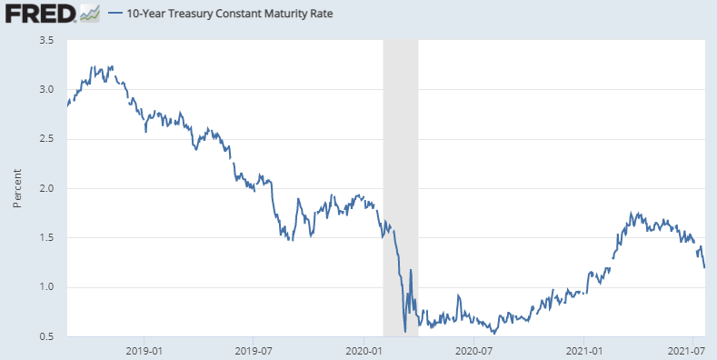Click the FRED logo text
(x=40, y=13)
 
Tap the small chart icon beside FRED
(x=90, y=14)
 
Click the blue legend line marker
(x=115, y=14)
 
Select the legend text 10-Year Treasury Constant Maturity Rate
(x=230, y=14)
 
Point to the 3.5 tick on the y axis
(x=46, y=40)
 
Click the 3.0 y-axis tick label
(x=46, y=90)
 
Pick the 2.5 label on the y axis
(x=46, y=139)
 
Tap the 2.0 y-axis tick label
(x=46, y=188)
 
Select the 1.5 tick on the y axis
(x=46, y=238)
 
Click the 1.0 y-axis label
(x=46, y=287)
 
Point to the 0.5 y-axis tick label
(x=46, y=336)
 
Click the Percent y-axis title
(x=17, y=188)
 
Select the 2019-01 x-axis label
(x=144, y=351)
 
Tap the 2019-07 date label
(x=254, y=351)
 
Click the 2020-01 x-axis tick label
(x=364, y=351)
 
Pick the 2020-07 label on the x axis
(x=474, y=351)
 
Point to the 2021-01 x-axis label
(x=584, y=351)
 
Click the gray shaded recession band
(x=401, y=188)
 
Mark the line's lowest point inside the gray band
(x=405, y=332)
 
